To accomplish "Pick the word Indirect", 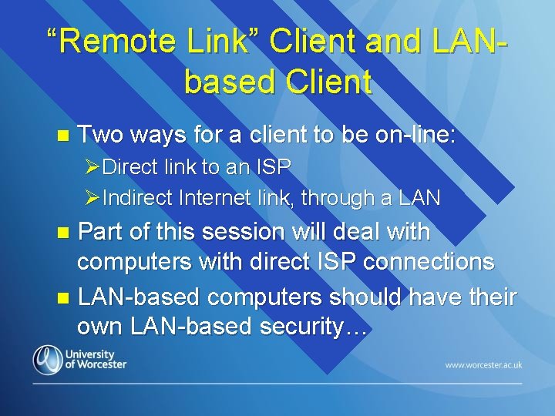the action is [137, 198].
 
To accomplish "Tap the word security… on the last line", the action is [314, 327].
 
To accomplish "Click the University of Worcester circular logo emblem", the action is [47, 359].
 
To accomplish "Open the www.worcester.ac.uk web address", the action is [483, 364].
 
